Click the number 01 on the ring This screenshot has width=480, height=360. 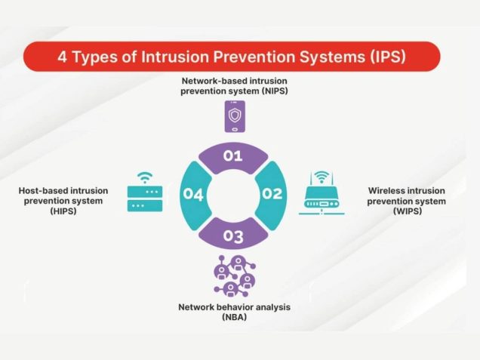tap(233, 156)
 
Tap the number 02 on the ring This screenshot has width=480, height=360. tap(272, 194)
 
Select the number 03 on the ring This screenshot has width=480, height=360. tap(233, 237)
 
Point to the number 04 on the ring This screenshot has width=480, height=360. tap(193, 195)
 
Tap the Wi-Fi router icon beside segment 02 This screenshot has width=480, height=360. tap(322, 195)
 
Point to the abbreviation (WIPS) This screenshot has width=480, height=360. tap(406, 212)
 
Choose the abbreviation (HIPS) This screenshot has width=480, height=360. tap(64, 212)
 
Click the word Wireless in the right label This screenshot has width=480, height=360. tap(388, 191)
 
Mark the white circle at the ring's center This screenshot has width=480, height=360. tap(233, 195)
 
